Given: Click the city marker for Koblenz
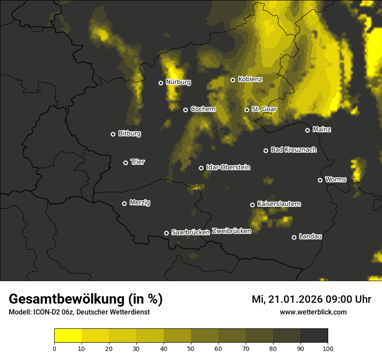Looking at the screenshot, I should [x=233, y=80].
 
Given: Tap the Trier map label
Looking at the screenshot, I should [x=138, y=162].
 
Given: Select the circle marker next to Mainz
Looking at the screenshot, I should [x=307, y=130].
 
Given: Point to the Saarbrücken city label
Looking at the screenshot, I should [x=191, y=232].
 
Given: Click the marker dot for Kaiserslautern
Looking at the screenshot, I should [x=252, y=205].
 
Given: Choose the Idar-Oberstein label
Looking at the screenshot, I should [x=228, y=167].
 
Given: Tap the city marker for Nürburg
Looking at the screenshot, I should [x=161, y=83].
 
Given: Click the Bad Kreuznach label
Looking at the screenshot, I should [x=293, y=150].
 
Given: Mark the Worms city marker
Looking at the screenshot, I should [x=320, y=180].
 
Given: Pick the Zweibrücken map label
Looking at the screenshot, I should [x=231, y=231].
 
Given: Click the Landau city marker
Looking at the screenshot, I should [x=294, y=237].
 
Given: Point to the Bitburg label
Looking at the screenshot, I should [x=129, y=134].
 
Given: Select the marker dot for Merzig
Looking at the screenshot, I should [x=124, y=203].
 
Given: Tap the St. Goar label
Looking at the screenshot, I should [x=264, y=109].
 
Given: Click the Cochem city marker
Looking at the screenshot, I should [x=185, y=110].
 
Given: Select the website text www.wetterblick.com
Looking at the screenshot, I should [x=313, y=312].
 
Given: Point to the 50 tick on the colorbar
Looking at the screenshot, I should [x=191, y=348].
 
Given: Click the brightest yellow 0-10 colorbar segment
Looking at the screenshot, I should [x=68, y=336].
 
